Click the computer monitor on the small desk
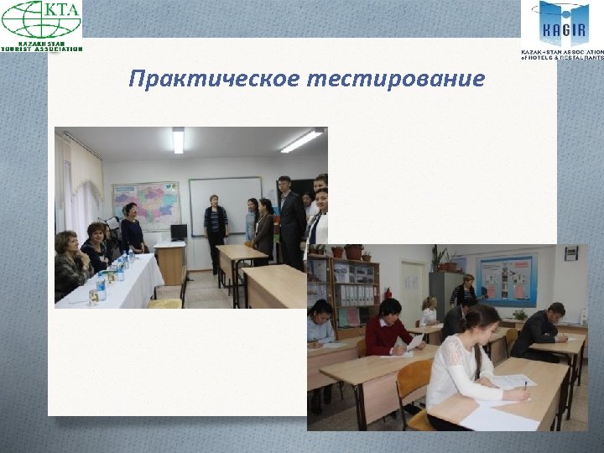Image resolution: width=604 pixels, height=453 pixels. [178, 232]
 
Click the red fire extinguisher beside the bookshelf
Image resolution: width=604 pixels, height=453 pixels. [387, 294]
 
